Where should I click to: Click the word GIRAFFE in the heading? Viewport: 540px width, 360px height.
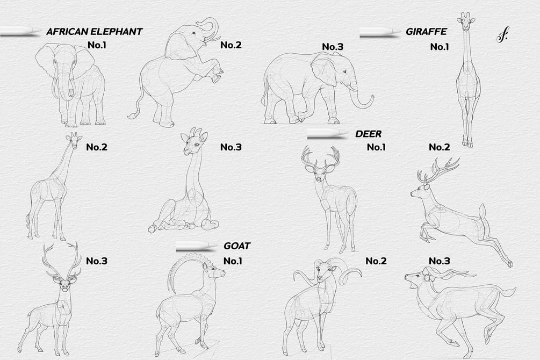click(426, 32)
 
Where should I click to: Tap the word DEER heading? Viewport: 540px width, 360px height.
click(368, 134)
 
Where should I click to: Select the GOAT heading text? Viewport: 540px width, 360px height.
click(236, 246)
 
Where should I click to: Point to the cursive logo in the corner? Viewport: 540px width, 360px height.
click(502, 35)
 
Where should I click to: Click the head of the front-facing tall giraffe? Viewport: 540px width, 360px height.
click(466, 20)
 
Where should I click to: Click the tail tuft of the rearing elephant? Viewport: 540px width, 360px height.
click(133, 115)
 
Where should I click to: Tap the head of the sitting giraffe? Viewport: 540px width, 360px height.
click(193, 142)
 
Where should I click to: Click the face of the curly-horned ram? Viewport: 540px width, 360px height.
click(322, 271)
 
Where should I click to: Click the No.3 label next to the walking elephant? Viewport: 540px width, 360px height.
click(333, 47)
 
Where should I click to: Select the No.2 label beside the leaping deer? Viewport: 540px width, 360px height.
click(440, 147)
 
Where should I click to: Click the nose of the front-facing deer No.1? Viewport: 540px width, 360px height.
click(319, 179)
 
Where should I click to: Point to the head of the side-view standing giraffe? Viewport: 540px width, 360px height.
click(74, 138)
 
